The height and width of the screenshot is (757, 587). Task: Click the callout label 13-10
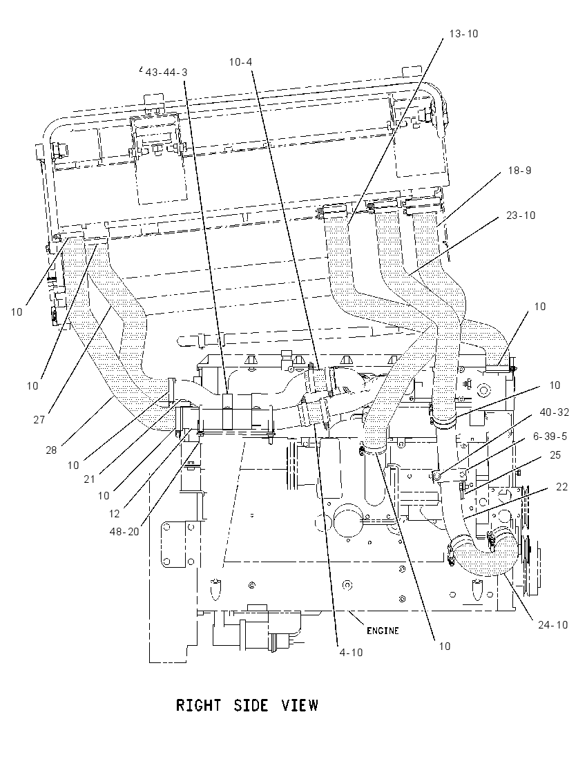coord(463,33)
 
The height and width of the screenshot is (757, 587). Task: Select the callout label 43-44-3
coord(166,73)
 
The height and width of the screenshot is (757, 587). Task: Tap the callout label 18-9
coord(519,171)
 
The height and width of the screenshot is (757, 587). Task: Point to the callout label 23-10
coord(521,215)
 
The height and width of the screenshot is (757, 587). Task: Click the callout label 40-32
coord(554,412)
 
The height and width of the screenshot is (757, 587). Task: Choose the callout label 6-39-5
coord(550,437)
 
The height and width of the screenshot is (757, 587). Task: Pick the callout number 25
coord(556,455)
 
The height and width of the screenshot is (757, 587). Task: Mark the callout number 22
coord(562,487)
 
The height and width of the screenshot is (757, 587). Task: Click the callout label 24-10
coord(552,624)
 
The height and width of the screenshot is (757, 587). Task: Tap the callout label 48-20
coord(124,532)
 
